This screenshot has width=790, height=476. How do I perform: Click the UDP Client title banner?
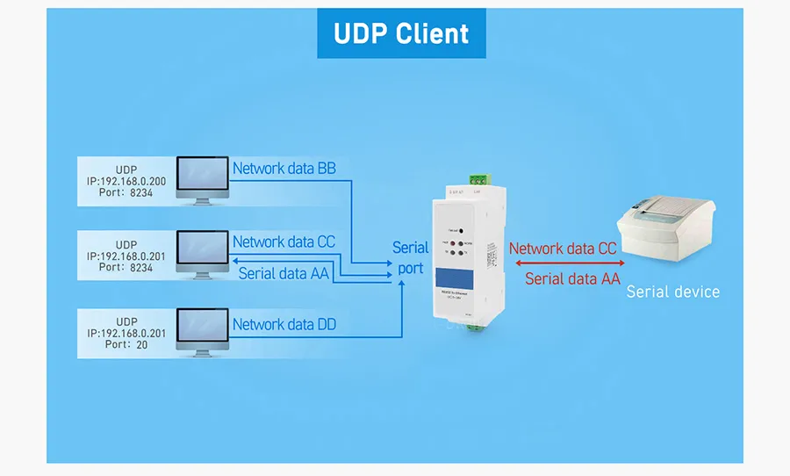click(x=401, y=34)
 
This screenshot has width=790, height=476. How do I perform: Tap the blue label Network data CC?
click(x=284, y=242)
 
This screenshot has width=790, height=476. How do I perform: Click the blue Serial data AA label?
click(x=284, y=273)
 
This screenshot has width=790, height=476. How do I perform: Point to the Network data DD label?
click(x=284, y=325)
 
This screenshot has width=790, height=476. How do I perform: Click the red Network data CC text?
click(x=563, y=249)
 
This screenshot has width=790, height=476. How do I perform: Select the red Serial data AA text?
click(x=572, y=279)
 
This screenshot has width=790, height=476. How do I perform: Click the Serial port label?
click(x=410, y=258)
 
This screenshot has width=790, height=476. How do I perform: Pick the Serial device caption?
click(x=672, y=292)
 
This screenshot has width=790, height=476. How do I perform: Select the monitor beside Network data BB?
click(x=203, y=180)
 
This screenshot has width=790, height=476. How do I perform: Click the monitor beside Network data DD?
click(x=203, y=332)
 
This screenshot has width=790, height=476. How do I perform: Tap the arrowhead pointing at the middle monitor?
click(x=234, y=261)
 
